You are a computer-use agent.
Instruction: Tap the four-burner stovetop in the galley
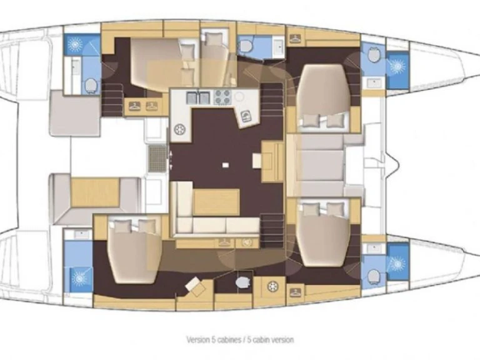coord(222,97)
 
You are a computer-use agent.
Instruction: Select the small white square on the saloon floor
coord(226,165)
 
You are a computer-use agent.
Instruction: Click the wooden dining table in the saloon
coord(216,202)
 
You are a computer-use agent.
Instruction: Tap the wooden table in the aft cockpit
coord(95,192)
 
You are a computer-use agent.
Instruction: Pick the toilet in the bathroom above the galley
coord(245,46)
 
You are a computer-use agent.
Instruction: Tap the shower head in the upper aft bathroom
coord(74,44)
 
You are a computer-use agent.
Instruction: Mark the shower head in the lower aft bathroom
coord(79,278)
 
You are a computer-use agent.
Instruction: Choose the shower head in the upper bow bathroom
coord(397,66)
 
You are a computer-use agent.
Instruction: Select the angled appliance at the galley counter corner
coord(246,116)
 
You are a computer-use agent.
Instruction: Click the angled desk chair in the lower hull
coord(195,285)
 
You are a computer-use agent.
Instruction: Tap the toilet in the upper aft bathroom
coord(90,86)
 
